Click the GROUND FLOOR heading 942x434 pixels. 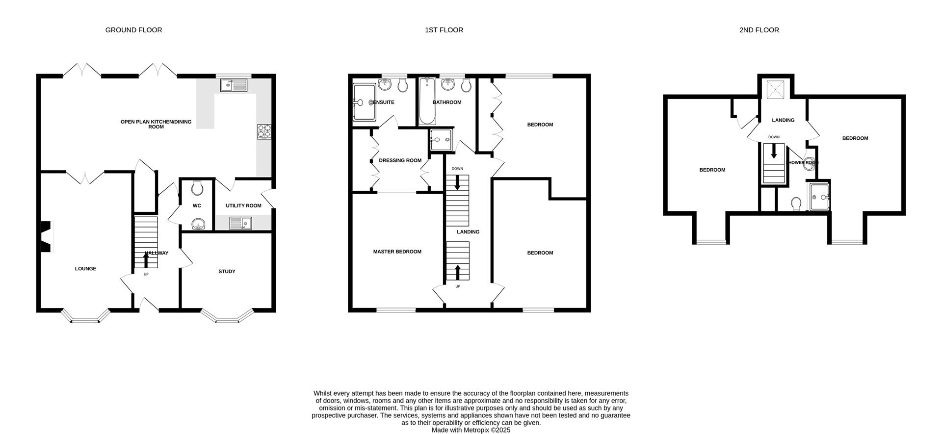pos(133,30)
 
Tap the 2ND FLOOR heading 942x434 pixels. pos(759,30)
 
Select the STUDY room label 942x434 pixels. pos(227,271)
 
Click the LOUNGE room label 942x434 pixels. pos(85,269)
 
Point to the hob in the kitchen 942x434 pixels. pos(263,131)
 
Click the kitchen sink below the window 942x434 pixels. pos(235,86)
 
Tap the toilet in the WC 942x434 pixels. pos(197,187)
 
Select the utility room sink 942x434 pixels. pos(240,224)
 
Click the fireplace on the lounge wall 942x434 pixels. pos(45,237)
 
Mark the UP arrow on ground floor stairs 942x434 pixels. pos(146,258)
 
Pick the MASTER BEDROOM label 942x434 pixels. pos(397,252)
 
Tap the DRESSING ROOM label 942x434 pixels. pos(400,160)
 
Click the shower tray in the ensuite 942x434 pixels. pos(364,102)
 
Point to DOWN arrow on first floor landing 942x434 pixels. pos(457,183)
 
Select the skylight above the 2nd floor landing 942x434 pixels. pos(775,89)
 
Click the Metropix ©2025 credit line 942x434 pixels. pos(471,430)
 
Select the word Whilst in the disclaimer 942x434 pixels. pos(324,393)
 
